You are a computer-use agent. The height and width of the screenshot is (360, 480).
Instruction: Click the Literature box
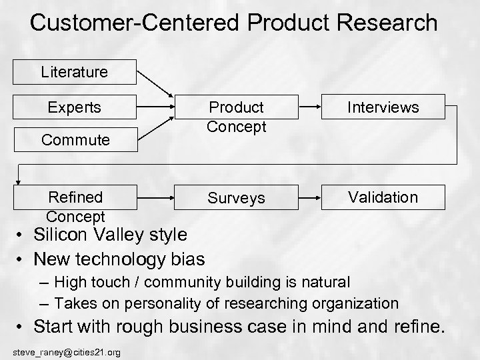(73, 71)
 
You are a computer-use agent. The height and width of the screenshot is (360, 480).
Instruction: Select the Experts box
(73, 107)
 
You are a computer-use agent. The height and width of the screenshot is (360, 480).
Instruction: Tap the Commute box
(73, 140)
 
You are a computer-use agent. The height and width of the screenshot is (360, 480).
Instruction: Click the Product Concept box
(235, 117)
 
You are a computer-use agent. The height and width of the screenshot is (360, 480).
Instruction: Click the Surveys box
(235, 198)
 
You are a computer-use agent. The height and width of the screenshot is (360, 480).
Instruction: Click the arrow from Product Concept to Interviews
(316, 106)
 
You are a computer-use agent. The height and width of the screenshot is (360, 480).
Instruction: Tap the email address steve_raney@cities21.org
(67, 351)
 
